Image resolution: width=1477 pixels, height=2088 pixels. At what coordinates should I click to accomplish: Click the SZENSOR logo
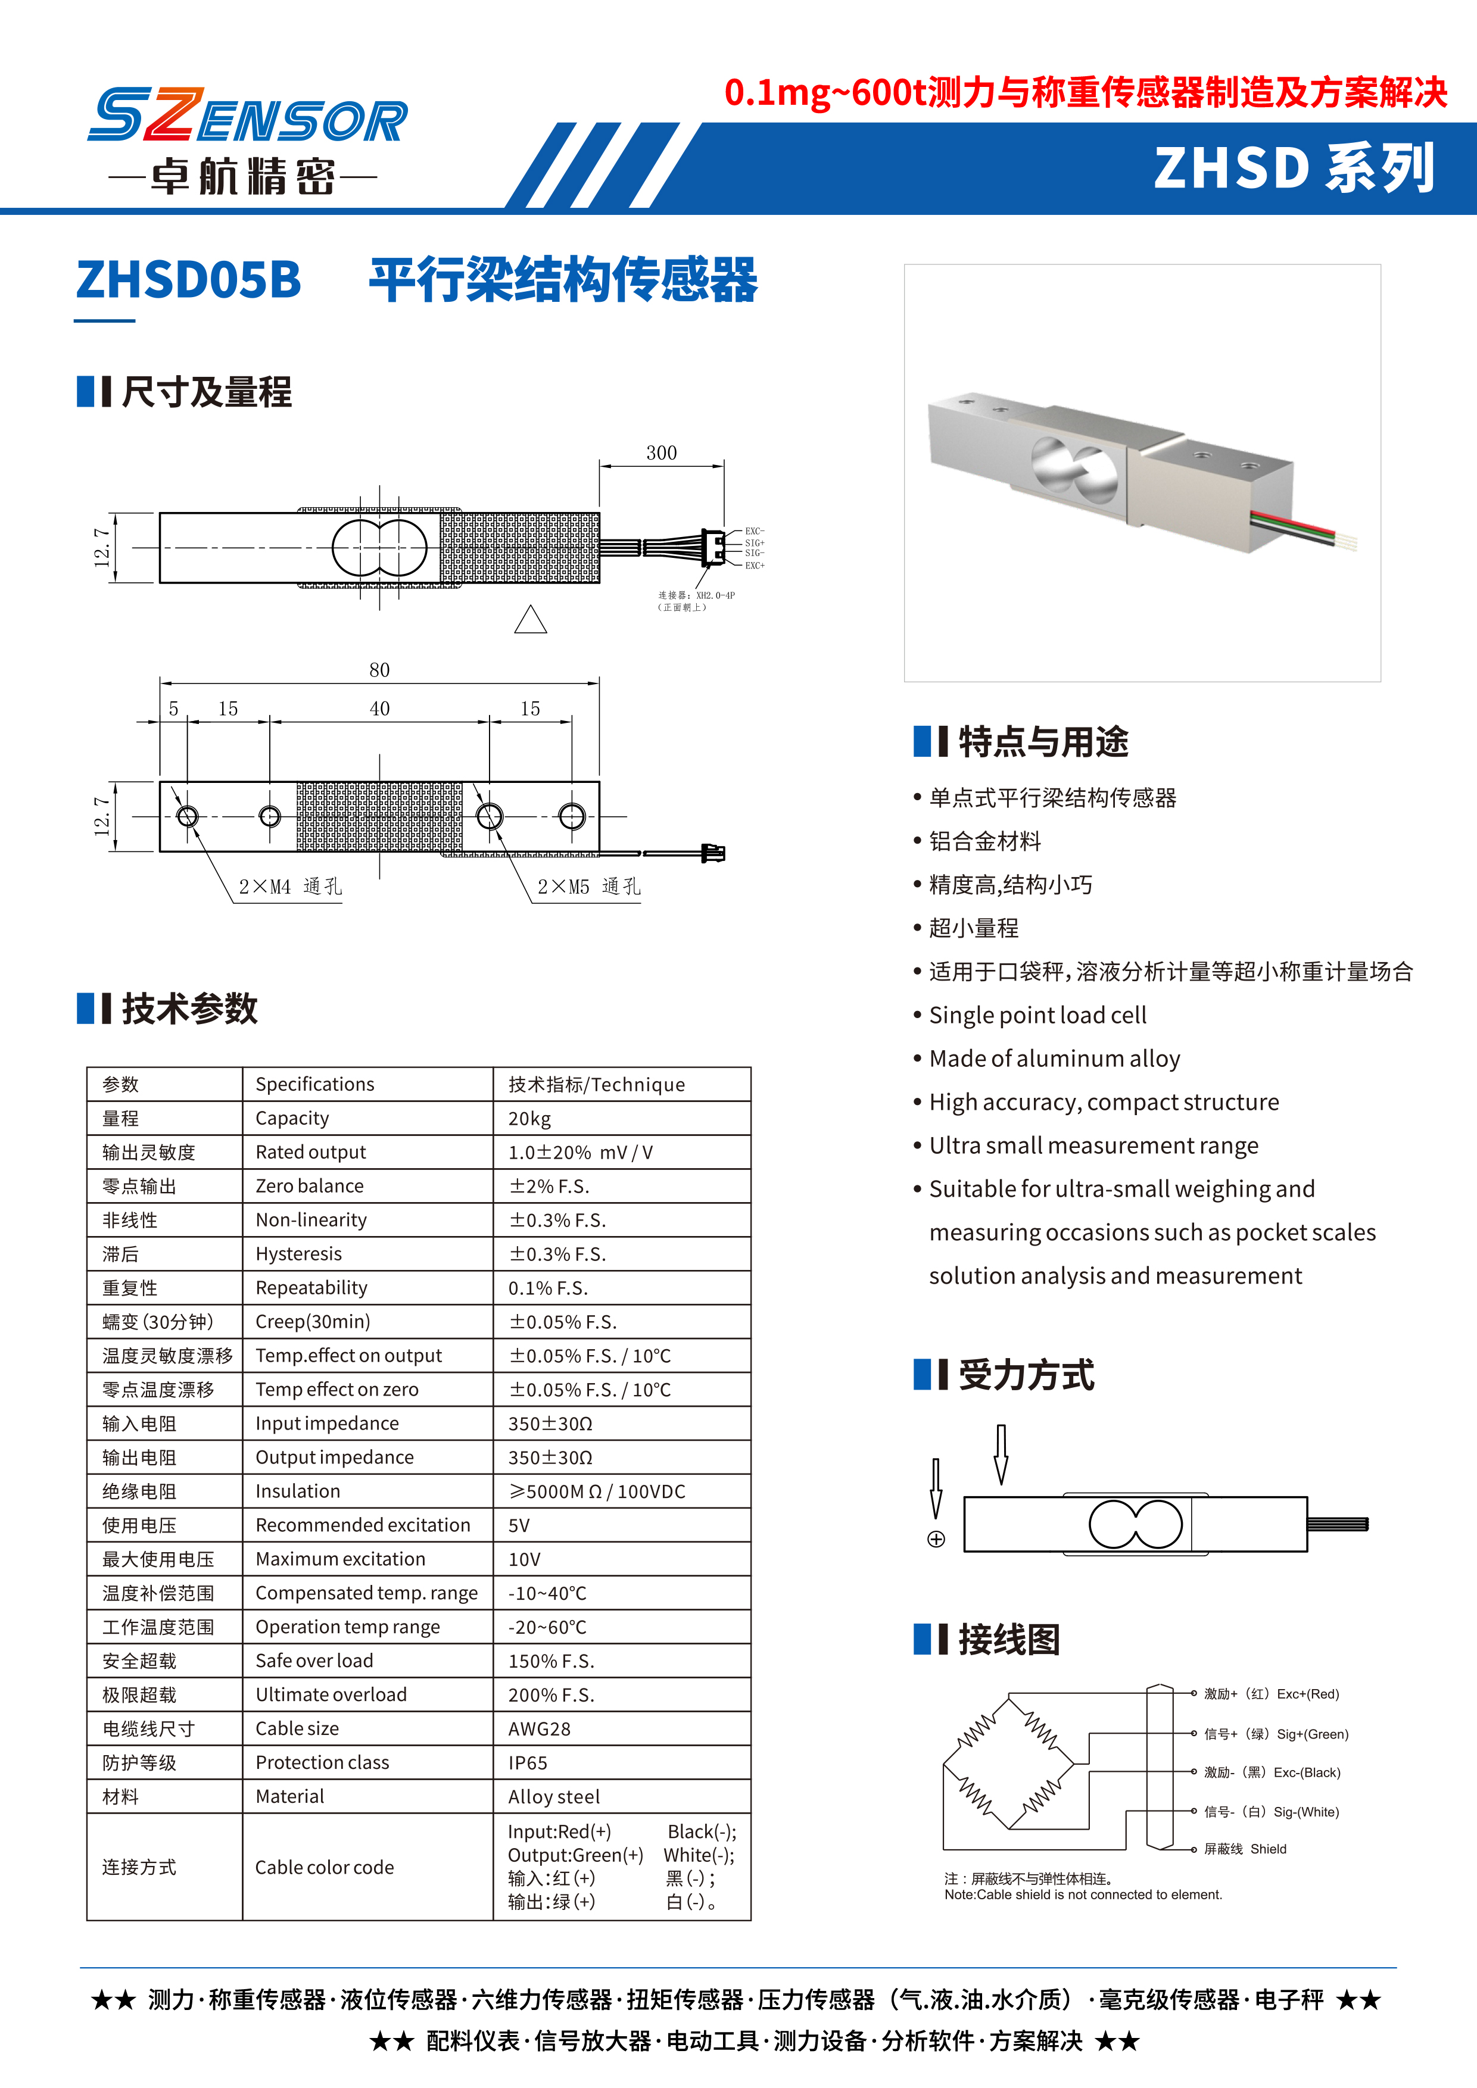coord(247,117)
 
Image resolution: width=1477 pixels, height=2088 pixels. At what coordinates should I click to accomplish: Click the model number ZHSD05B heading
coord(188,279)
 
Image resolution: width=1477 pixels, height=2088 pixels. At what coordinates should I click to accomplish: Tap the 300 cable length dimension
coord(661,453)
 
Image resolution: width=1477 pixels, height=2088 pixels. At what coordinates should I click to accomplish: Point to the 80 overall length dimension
coord(379,670)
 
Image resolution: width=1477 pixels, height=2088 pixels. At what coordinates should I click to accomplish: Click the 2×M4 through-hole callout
coord(289,887)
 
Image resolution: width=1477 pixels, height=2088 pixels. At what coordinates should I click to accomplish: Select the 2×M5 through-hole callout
coord(588,887)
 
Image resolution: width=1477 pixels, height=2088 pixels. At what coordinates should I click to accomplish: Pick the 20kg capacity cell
coord(529,1119)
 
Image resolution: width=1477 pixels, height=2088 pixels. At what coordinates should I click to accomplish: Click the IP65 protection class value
coord(528,1762)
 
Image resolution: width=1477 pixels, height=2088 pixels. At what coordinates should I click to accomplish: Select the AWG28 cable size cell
coord(540,1729)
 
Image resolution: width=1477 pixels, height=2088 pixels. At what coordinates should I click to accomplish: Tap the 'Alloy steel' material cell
coord(554,1797)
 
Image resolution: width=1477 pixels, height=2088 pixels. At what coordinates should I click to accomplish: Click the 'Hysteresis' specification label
coord(298,1254)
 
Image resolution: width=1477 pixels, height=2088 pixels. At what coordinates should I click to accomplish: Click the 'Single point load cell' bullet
coord(1037,1015)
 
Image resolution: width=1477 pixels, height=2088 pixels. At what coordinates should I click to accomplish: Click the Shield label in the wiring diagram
coord(1268,1849)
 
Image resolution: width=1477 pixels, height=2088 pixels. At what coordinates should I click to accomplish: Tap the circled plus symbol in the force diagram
coord(936,1538)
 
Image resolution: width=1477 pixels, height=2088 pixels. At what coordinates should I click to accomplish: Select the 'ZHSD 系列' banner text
coord(1294,168)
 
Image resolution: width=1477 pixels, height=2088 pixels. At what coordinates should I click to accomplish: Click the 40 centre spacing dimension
coord(379,709)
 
